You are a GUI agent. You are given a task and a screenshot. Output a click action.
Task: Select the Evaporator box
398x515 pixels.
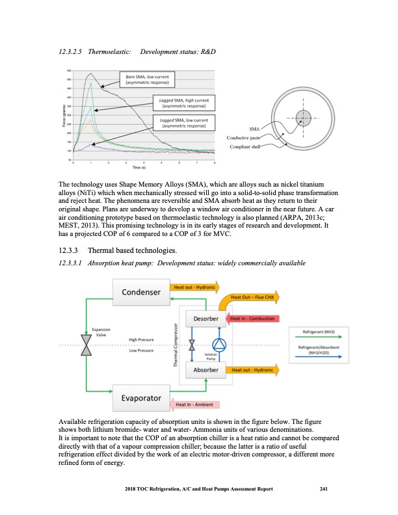(140, 397)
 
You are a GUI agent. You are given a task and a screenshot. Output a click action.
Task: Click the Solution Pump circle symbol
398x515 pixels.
(219, 345)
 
